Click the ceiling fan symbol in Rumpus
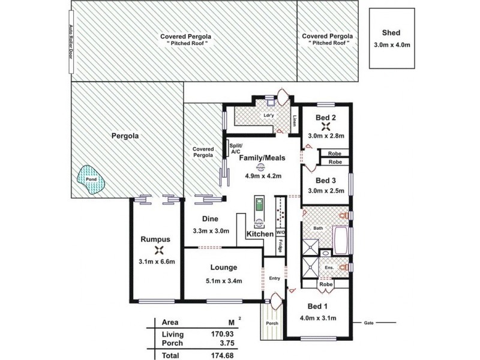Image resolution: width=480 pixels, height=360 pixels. (x=159, y=251)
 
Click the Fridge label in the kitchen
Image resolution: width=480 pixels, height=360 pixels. (x=280, y=245)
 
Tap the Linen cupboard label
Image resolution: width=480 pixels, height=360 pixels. (x=294, y=121)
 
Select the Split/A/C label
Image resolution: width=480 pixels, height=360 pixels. (x=235, y=149)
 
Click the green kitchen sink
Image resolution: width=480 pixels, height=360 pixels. (x=259, y=206)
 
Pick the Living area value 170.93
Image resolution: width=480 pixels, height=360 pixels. (x=226, y=334)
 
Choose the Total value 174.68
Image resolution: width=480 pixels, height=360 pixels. (x=226, y=355)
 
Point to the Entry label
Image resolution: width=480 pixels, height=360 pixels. (x=275, y=278)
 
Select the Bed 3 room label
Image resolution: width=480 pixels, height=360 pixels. (x=326, y=180)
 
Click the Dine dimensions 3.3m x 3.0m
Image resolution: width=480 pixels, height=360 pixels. (x=210, y=231)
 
